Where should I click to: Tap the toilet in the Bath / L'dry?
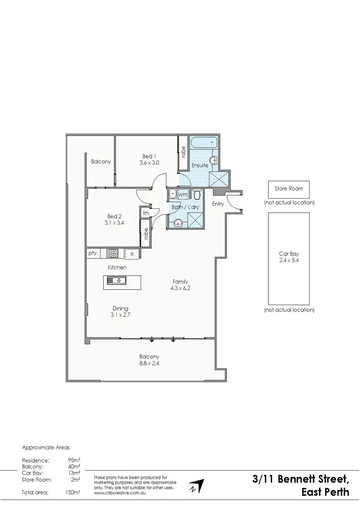(197, 194)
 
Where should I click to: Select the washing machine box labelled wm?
(182, 194)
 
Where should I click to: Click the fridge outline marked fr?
(132, 254)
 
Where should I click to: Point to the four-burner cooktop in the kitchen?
(112, 253)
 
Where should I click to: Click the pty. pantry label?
(93, 253)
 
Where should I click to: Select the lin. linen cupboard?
(146, 212)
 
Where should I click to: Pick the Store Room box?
(289, 189)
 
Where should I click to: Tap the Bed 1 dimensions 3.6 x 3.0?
(149, 163)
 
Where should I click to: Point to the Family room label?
(180, 281)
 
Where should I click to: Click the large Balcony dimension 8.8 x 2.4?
(149, 364)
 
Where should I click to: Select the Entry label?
(218, 204)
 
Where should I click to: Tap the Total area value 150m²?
(73, 493)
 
